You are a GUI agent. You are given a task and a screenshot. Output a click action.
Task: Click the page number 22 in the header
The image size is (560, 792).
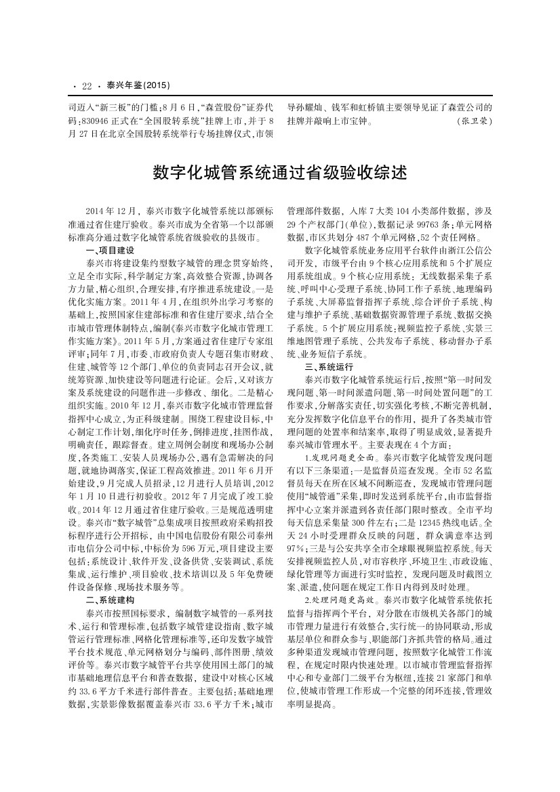[86, 86]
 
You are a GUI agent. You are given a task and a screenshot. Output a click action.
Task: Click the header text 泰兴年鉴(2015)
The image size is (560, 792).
[138, 86]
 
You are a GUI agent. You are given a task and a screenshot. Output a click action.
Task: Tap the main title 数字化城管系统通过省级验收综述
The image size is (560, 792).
[279, 172]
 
